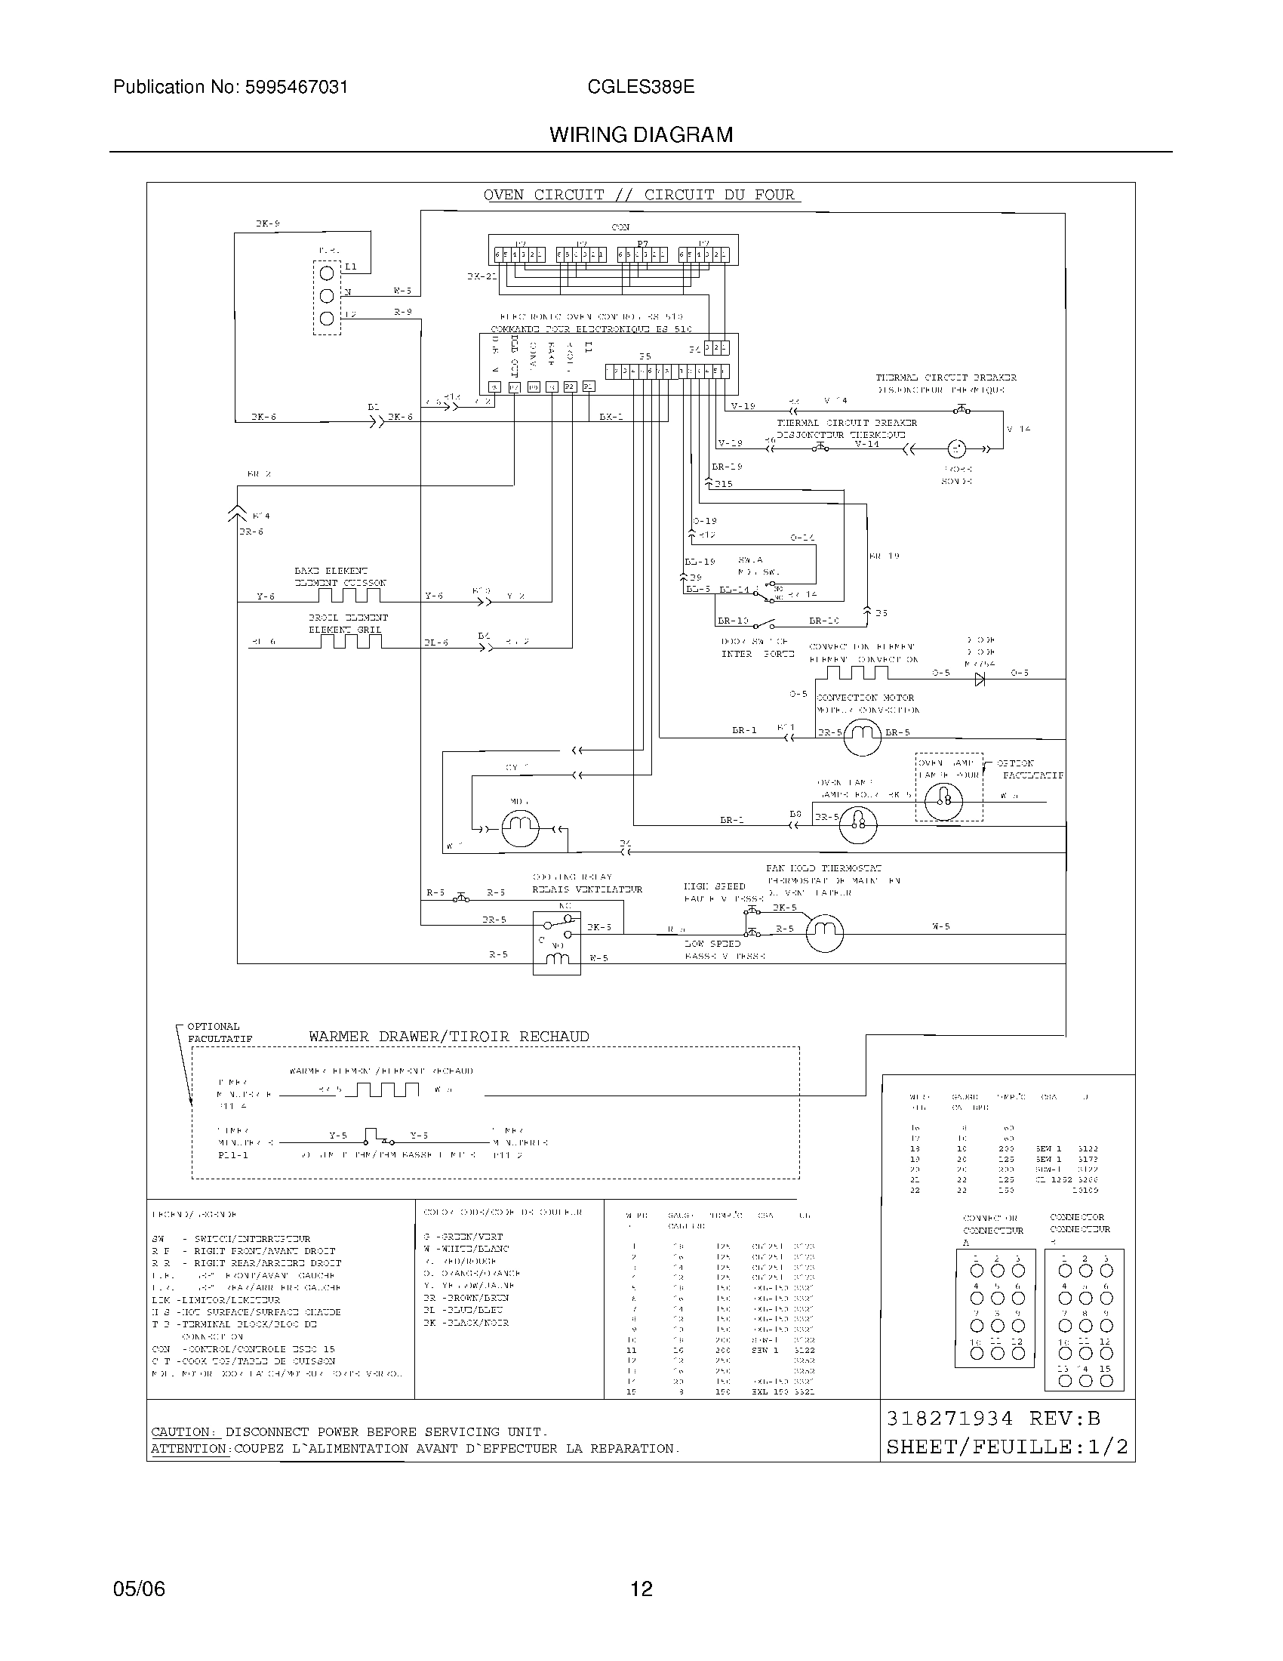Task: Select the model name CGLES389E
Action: tap(640, 88)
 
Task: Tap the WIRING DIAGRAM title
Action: tap(641, 135)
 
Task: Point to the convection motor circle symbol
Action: tap(862, 735)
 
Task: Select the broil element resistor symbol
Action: tap(350, 641)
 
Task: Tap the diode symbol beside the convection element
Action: tap(980, 679)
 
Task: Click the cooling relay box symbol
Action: tap(556, 943)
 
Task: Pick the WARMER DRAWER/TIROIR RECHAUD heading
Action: tap(448, 1037)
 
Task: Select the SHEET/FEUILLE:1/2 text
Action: tap(1007, 1447)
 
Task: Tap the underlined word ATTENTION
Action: tap(189, 1449)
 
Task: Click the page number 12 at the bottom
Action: tap(641, 1589)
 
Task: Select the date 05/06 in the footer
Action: tap(139, 1589)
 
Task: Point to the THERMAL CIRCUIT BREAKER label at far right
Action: tap(946, 378)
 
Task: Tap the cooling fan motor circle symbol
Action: tap(825, 931)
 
